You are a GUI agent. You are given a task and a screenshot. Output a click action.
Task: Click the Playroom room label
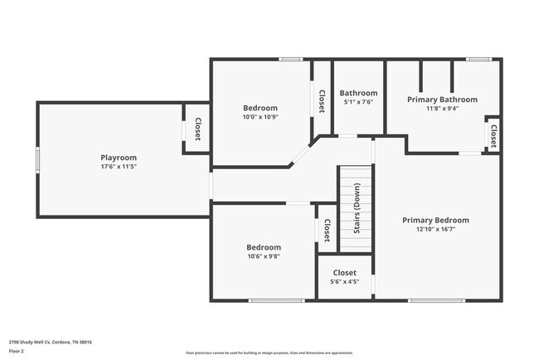[119, 158]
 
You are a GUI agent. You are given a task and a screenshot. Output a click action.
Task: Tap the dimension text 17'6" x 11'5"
[119, 167]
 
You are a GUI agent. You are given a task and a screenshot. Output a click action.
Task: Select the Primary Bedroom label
[435, 220]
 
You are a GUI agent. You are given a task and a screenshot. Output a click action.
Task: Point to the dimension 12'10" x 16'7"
[435, 229]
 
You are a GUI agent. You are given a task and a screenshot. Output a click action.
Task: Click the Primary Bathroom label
[442, 99]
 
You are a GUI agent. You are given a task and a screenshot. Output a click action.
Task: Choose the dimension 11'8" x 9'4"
[442, 108]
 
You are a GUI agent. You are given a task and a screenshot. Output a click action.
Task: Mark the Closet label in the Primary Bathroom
[493, 134]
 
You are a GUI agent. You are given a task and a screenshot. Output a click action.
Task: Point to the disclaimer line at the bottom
[269, 352]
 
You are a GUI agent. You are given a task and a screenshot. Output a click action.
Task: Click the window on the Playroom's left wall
[36, 159]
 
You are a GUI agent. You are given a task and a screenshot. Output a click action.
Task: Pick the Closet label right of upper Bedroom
[321, 100]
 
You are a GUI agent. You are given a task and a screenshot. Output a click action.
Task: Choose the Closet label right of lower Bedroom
[326, 230]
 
